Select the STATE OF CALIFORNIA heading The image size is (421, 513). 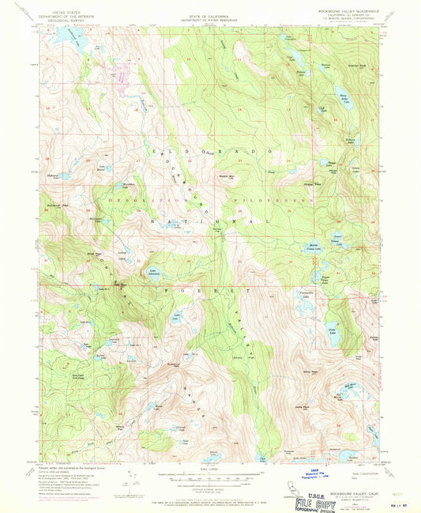209,12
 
